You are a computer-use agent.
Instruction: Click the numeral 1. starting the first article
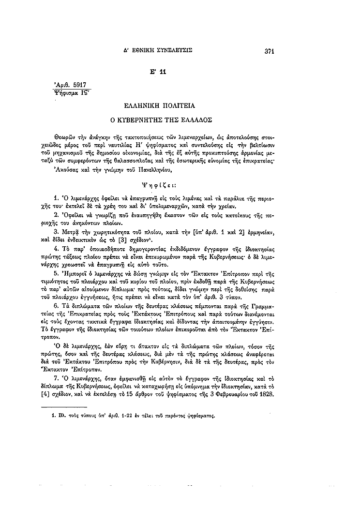click(x=56, y=199)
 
